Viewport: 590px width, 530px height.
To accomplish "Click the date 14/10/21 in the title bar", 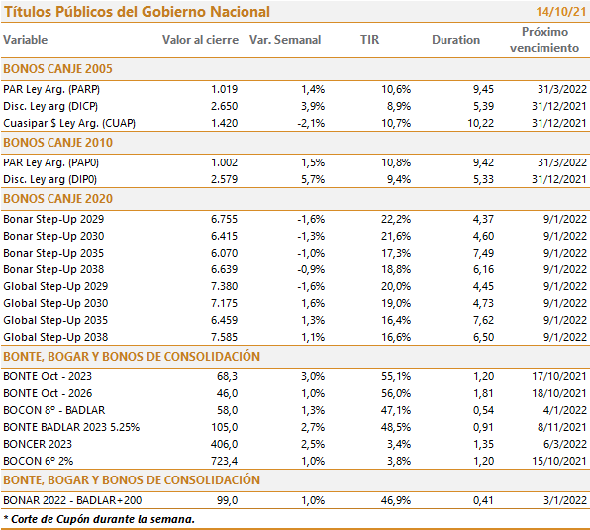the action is [561, 12].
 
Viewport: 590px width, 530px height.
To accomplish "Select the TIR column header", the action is [370, 40].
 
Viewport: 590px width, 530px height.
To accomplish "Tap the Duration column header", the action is [455, 40].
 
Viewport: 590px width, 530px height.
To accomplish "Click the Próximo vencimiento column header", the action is [544, 40].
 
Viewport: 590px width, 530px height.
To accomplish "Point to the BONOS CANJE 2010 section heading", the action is [58, 143].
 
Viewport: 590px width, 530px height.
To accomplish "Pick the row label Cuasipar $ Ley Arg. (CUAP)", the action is [69, 123].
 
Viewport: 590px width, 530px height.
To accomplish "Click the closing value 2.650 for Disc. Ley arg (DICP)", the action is [225, 106].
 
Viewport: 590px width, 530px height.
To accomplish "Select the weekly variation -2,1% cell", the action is [311, 123].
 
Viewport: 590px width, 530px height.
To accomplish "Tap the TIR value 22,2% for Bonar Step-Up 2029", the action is [396, 219].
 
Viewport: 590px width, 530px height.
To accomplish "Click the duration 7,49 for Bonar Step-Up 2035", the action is [483, 253].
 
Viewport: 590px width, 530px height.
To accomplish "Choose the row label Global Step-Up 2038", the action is [55, 337].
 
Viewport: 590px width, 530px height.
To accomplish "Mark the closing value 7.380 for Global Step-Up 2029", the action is [225, 286].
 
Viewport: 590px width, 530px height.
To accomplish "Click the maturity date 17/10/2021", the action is [559, 376].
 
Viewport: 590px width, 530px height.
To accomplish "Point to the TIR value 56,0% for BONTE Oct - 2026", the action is [396, 393].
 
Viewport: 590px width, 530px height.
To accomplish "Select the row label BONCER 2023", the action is [38, 444].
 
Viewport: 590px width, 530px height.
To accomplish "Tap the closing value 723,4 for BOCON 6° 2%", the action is [225, 461].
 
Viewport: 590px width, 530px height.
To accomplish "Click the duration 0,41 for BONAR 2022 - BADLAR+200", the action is [483, 500].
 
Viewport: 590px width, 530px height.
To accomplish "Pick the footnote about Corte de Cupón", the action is [99, 519].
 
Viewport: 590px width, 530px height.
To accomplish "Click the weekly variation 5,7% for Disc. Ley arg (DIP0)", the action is [313, 179].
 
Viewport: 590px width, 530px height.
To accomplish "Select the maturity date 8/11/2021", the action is [562, 427].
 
